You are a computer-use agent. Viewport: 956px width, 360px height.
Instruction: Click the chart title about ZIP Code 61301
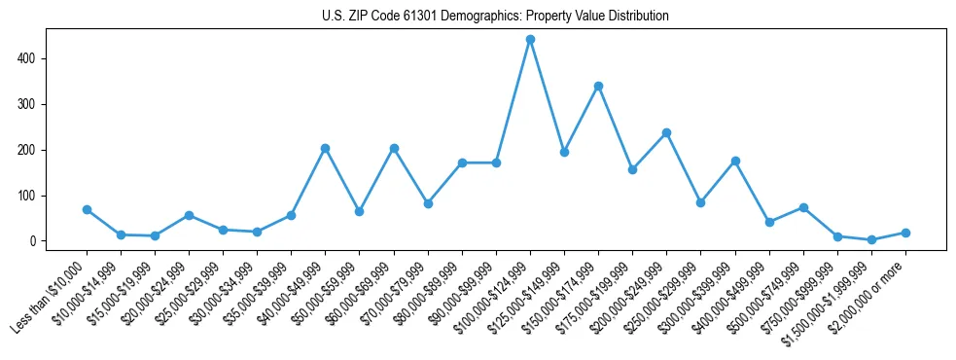(x=495, y=17)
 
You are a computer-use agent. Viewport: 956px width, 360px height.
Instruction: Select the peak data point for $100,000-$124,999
(x=530, y=40)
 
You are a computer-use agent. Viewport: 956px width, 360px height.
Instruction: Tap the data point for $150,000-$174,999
(x=599, y=86)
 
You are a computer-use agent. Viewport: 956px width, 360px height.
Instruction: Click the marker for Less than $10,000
(x=87, y=209)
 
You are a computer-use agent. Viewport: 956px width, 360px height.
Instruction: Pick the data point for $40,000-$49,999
(x=326, y=148)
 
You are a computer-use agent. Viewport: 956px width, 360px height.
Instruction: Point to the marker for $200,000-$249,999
(x=667, y=132)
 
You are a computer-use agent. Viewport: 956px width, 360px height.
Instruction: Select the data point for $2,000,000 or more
(x=905, y=233)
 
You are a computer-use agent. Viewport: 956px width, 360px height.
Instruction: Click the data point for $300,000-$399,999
(x=735, y=161)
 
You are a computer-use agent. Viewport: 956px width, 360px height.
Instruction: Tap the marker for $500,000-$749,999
(x=803, y=207)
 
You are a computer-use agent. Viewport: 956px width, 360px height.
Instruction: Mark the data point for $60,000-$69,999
(x=394, y=148)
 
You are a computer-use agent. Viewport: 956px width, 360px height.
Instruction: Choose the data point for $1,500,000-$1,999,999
(x=871, y=239)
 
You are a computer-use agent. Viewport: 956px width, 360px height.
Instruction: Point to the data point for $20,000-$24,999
(x=189, y=215)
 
